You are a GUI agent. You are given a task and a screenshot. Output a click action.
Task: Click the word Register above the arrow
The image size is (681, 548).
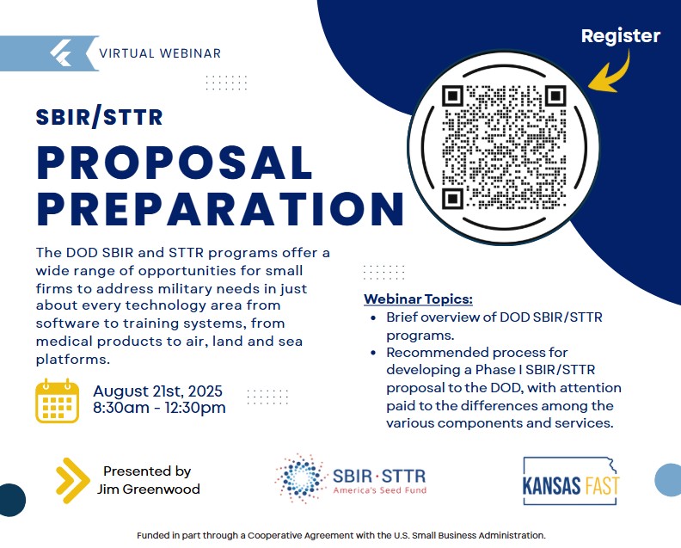point(621,36)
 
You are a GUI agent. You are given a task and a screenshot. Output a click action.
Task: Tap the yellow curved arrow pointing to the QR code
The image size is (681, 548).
point(616,76)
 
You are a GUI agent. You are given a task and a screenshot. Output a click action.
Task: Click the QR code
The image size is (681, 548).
point(504,147)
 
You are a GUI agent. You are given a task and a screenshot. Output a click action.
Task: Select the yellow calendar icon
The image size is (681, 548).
point(57,401)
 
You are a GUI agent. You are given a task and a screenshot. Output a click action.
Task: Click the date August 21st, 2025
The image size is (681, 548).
point(157,391)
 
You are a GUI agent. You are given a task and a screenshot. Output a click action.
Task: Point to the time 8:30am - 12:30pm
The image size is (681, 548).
point(159,408)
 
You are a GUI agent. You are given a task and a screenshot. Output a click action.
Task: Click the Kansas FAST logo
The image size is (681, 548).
point(571,481)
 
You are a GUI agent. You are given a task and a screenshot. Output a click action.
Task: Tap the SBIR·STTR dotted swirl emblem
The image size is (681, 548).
point(300,478)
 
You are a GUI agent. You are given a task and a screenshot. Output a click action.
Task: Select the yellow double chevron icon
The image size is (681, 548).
point(72,481)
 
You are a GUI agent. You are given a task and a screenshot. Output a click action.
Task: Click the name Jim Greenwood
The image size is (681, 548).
point(149,489)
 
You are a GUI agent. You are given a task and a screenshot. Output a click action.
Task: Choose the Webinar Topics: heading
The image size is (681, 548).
point(418,299)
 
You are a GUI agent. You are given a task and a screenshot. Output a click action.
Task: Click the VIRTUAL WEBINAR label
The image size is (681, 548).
point(160,53)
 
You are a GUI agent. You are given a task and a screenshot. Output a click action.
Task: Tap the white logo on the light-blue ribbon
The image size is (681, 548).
point(61,53)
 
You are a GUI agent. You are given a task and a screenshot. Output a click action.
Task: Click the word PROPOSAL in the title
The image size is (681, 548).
point(175,163)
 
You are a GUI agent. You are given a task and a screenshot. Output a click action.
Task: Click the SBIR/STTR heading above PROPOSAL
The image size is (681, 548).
point(100,117)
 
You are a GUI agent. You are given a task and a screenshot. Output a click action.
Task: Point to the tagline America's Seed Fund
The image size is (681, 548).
point(380,490)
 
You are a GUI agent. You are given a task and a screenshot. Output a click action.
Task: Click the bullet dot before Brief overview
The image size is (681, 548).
point(373,317)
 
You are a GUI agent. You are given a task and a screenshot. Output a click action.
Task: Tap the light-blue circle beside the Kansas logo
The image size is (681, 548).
point(669,480)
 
